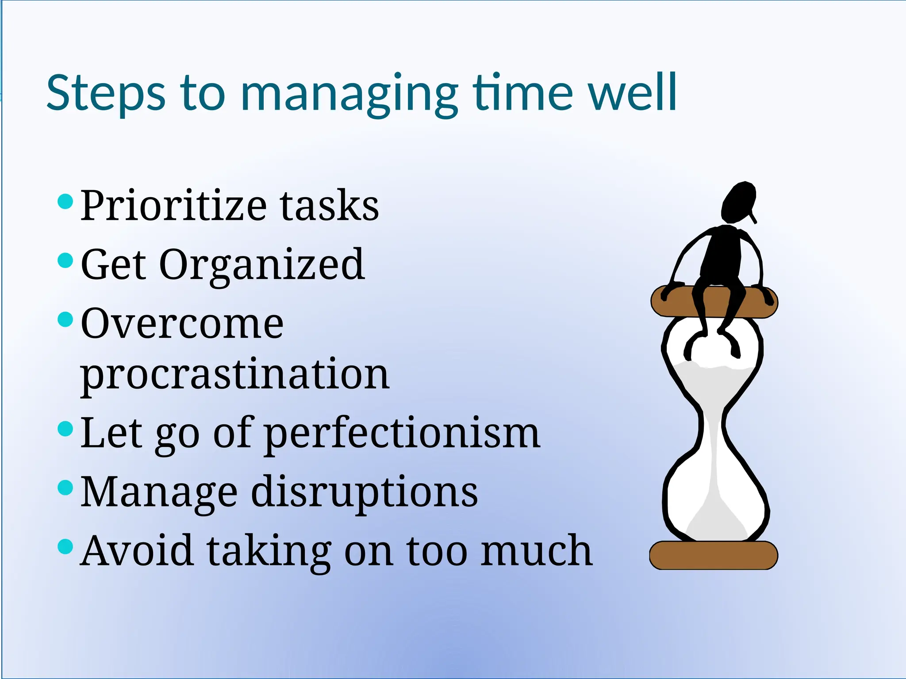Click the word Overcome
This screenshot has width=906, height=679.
pyautogui.click(x=182, y=324)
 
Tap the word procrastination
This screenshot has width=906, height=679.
pyautogui.click(x=234, y=375)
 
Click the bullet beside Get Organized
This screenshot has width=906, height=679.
pyautogui.click(x=65, y=260)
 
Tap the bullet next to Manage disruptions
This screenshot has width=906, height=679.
pyautogui.click(x=65, y=488)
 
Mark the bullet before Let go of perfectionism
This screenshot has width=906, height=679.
pyautogui.click(x=65, y=429)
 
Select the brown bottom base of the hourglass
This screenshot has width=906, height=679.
pyautogui.click(x=713, y=555)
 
